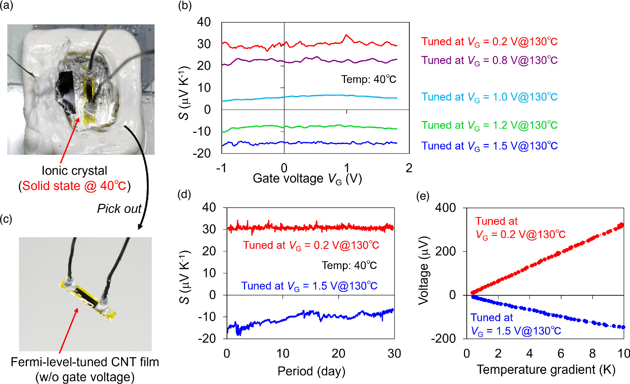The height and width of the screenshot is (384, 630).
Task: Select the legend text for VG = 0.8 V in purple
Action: (489, 61)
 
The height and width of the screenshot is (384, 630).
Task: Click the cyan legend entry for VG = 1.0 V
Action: (489, 97)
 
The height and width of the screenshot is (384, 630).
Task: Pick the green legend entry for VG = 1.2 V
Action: (489, 125)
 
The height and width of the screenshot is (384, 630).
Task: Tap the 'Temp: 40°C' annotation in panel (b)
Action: (368, 80)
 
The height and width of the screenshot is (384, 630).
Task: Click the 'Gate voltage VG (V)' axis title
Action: (307, 179)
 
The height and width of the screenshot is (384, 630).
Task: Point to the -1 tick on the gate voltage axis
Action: (221, 168)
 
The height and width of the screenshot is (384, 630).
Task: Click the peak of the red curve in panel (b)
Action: (346, 35)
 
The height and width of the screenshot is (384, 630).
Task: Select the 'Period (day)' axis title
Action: (311, 371)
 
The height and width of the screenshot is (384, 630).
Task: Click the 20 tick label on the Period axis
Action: (338, 354)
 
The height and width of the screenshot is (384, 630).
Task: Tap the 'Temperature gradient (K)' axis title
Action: (546, 370)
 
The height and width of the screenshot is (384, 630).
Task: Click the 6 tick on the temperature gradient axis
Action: (561, 354)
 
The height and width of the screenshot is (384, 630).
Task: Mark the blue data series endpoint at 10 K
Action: (623, 327)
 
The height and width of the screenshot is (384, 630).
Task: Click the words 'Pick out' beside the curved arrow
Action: (119, 209)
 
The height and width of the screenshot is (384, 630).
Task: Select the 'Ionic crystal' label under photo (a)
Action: (74, 171)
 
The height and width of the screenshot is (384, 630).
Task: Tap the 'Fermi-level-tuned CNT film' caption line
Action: (85, 362)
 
